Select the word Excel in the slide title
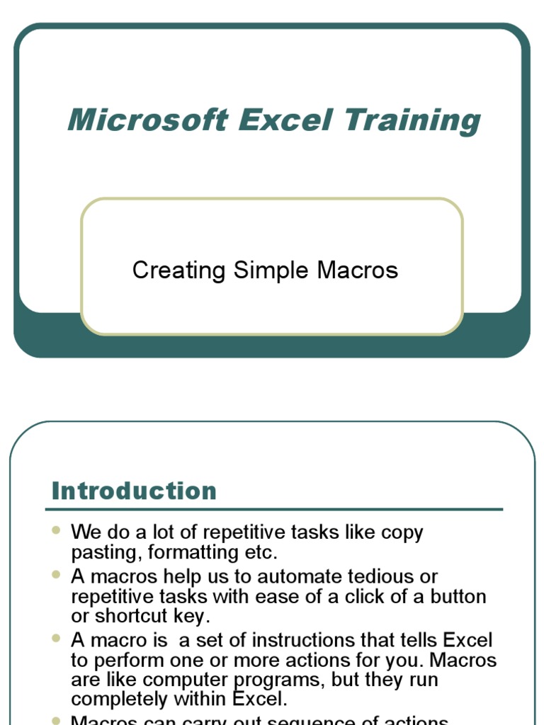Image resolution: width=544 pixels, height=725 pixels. (285, 120)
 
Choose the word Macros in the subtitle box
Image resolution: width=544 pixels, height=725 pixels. (358, 270)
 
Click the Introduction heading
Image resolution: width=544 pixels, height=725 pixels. (134, 491)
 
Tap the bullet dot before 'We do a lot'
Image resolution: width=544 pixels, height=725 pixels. (57, 530)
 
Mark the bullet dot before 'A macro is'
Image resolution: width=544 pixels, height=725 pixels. (57, 638)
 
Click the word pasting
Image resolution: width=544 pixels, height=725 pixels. (106, 552)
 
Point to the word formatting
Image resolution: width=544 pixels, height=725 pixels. (191, 552)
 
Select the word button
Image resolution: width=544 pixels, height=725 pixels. (457, 596)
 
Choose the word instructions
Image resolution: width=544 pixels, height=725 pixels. (310, 640)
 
